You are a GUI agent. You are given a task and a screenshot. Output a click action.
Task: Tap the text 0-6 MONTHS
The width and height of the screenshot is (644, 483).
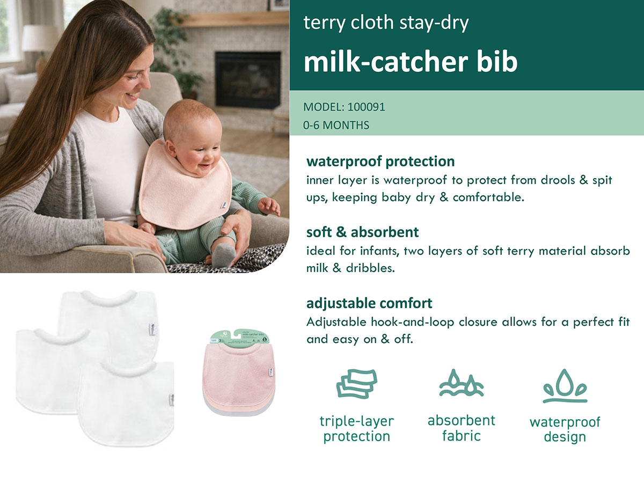[x=336, y=126]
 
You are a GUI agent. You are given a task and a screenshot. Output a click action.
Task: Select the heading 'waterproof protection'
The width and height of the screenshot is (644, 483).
[x=380, y=161]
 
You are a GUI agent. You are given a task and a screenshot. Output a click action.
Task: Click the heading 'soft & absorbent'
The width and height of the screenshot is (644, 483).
[x=362, y=232]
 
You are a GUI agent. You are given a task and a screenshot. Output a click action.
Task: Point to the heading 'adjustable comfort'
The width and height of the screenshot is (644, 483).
[x=369, y=303]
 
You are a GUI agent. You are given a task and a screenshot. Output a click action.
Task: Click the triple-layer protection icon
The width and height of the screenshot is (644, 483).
[x=356, y=383]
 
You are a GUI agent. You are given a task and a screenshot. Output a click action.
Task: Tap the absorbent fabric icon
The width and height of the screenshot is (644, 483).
[x=461, y=383]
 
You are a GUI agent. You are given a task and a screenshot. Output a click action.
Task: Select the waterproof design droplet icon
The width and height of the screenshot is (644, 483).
[x=565, y=385]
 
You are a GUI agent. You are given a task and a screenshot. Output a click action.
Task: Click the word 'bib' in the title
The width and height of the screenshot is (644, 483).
[x=495, y=62]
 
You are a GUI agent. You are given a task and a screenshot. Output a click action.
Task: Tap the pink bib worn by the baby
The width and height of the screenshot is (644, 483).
[x=182, y=188]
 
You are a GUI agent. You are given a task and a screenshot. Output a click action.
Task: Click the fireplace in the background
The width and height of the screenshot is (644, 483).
[x=247, y=79]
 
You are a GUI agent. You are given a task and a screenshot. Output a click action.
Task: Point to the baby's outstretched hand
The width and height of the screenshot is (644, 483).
[x=269, y=206]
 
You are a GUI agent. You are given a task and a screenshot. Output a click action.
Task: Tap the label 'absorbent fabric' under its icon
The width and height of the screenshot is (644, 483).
[x=461, y=428]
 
